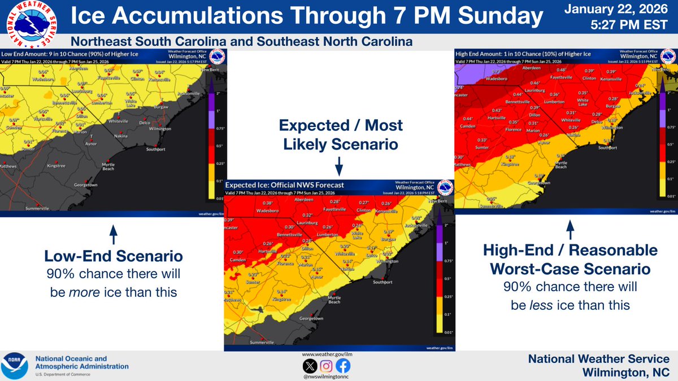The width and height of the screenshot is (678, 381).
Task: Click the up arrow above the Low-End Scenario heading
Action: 113,232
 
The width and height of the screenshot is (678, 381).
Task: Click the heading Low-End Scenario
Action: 113,256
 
